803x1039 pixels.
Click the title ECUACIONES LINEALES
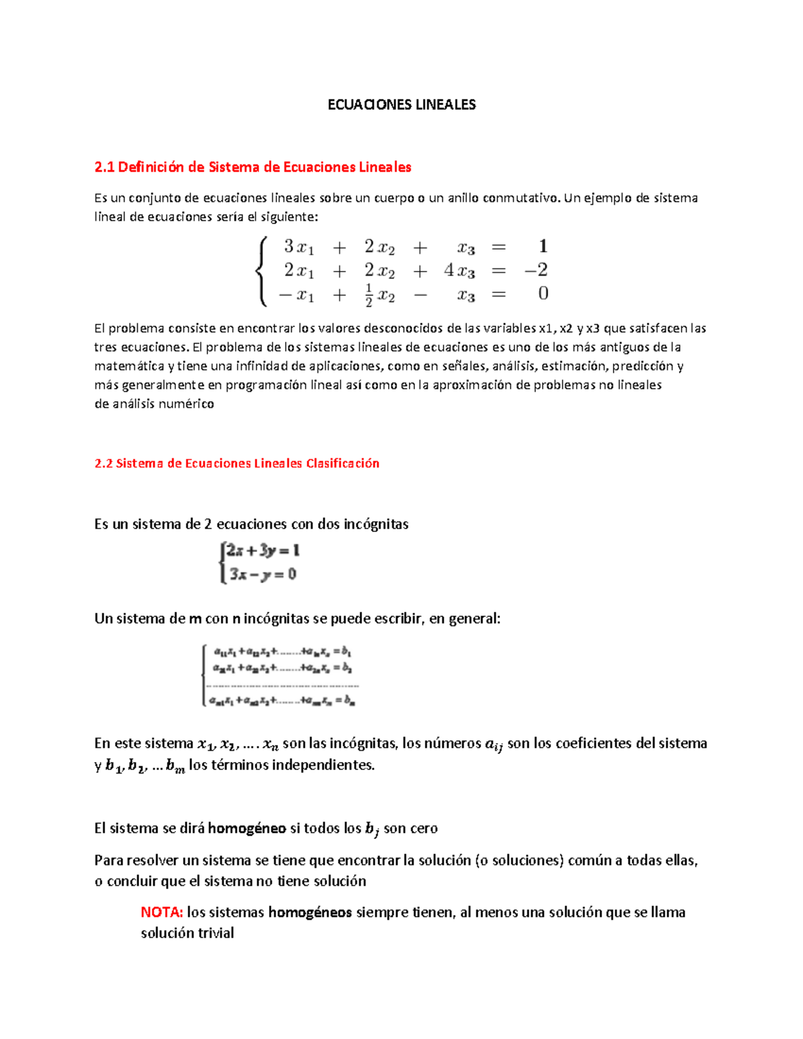[x=401, y=104]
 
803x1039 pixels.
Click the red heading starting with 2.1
[x=252, y=167]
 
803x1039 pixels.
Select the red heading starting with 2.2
[x=237, y=464]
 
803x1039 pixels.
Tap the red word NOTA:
[x=162, y=913]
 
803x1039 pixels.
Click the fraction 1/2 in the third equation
[x=369, y=295]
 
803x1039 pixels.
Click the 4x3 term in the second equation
[x=459, y=271]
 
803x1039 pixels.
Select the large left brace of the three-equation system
[x=262, y=271]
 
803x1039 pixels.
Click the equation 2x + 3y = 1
[x=262, y=551]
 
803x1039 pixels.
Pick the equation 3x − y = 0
[x=262, y=574]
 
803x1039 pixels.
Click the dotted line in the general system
[x=282, y=685]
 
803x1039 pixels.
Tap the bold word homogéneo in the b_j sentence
[x=247, y=828]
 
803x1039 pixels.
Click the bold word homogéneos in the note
[x=310, y=913]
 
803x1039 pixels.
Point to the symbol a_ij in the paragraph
[x=493, y=744]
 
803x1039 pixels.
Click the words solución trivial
[x=187, y=933]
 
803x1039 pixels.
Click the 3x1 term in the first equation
[x=298, y=247]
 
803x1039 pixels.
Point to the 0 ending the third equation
[x=543, y=294]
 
